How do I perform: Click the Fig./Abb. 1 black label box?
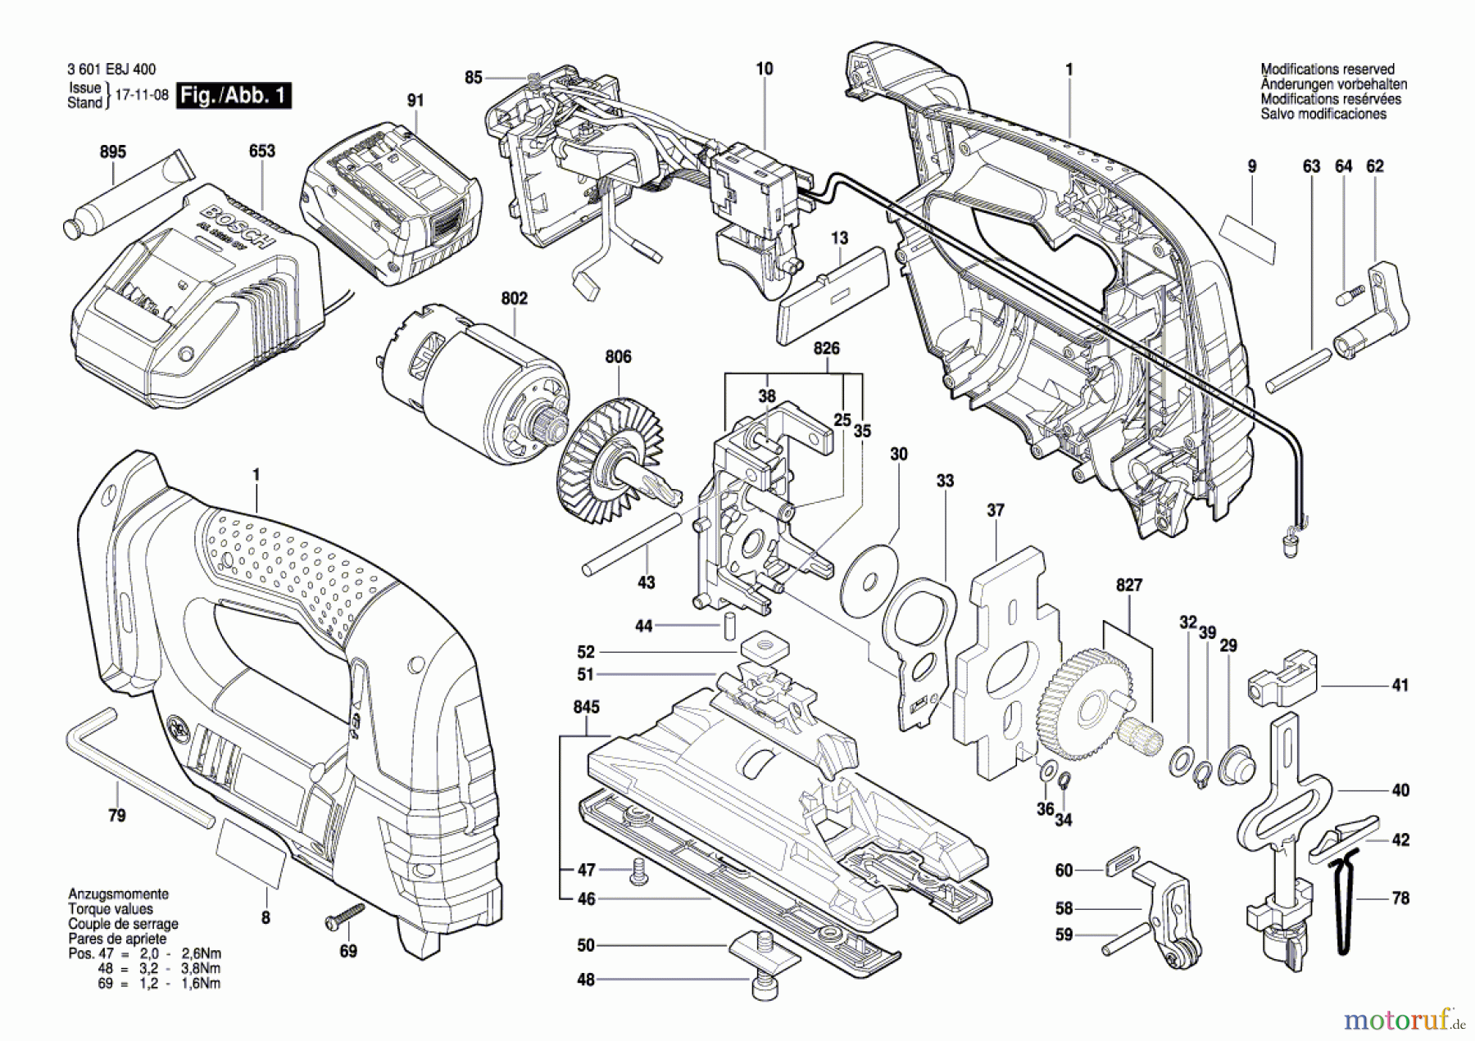click(x=234, y=95)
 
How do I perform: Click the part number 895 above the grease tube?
click(x=113, y=152)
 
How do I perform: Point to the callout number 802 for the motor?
click(x=514, y=298)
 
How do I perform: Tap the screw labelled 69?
click(x=345, y=915)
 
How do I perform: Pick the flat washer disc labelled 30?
click(x=869, y=578)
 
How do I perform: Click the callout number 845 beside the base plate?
click(x=587, y=706)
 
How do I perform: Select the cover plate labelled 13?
click(x=832, y=294)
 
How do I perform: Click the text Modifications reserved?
click(x=1327, y=70)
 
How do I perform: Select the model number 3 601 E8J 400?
click(x=111, y=70)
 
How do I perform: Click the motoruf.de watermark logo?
click(x=1402, y=1019)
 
